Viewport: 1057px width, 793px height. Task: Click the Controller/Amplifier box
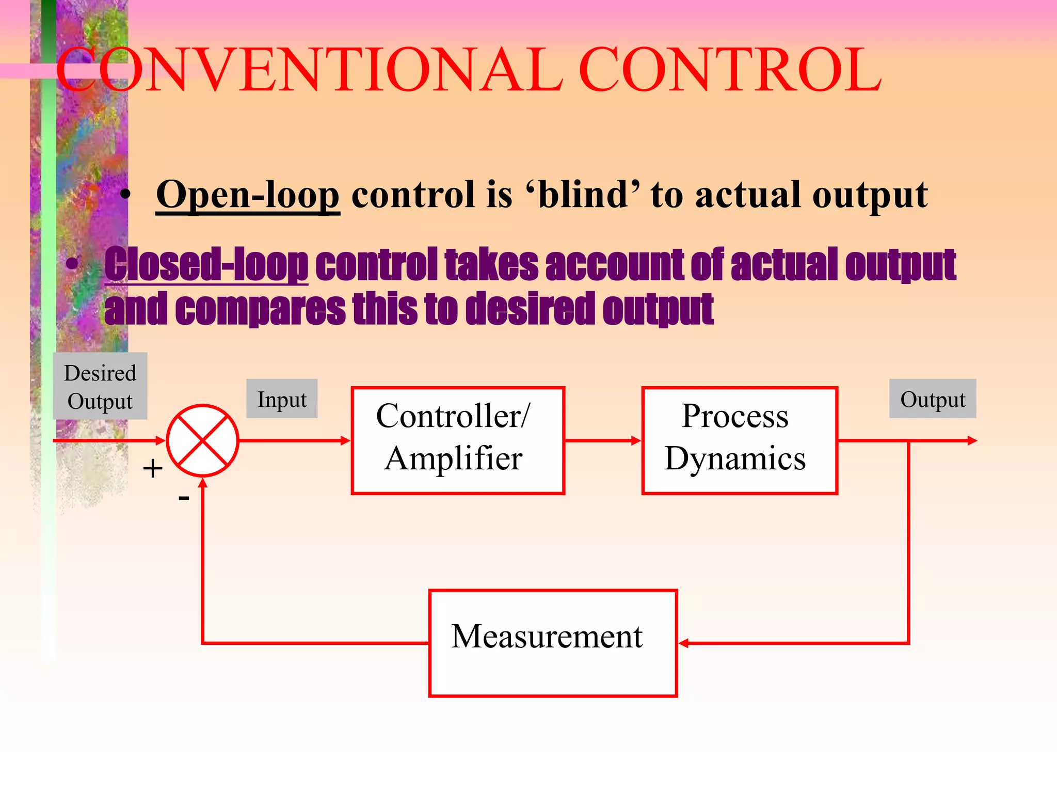click(x=457, y=440)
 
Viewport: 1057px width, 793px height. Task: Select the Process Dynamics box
click(x=739, y=440)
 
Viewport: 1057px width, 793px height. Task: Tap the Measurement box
click(x=552, y=643)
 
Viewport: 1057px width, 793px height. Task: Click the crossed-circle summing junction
click(x=203, y=440)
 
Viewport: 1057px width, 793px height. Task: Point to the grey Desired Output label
click(x=100, y=386)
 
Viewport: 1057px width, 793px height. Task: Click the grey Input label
click(x=282, y=399)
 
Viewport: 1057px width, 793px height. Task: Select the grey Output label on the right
click(x=932, y=399)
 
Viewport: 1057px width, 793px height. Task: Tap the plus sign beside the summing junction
click(x=153, y=469)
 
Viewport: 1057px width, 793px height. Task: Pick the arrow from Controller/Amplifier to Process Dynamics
click(x=603, y=440)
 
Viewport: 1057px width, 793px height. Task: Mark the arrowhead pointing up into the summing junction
click(x=203, y=483)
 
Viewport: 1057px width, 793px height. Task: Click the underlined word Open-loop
click(x=248, y=195)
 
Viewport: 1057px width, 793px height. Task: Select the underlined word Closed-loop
click(x=206, y=264)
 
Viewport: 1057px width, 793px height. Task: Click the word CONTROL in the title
click(x=730, y=70)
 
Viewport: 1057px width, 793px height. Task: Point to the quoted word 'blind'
click(x=583, y=195)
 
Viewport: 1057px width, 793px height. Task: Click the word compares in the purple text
click(x=260, y=309)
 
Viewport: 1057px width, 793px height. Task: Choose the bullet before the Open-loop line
click(x=125, y=195)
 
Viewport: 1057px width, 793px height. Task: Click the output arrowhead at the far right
click(x=972, y=440)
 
